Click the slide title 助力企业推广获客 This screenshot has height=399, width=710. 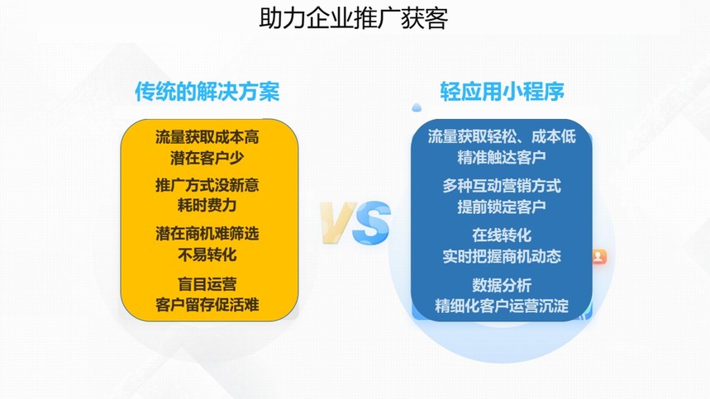354,18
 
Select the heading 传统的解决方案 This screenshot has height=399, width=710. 207,92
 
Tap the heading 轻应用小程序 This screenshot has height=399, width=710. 503,92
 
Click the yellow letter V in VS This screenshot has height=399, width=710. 338,222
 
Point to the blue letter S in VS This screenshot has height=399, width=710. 371,222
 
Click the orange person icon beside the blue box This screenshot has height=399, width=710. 598,256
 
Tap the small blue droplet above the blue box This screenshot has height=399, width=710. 417,107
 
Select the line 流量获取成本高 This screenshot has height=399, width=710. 207,137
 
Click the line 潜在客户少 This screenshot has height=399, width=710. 207,159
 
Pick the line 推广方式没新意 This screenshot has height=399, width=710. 207,185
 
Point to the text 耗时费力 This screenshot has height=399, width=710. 207,206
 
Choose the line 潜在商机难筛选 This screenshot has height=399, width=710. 207,234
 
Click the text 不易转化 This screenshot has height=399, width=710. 207,254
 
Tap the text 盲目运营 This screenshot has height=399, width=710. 207,284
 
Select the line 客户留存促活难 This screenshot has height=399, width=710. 207,305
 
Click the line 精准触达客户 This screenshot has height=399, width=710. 502,158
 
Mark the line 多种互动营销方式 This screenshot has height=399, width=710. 502,186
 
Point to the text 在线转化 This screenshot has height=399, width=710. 502,235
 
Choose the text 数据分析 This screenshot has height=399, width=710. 502,286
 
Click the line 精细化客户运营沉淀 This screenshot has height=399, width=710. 502,306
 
